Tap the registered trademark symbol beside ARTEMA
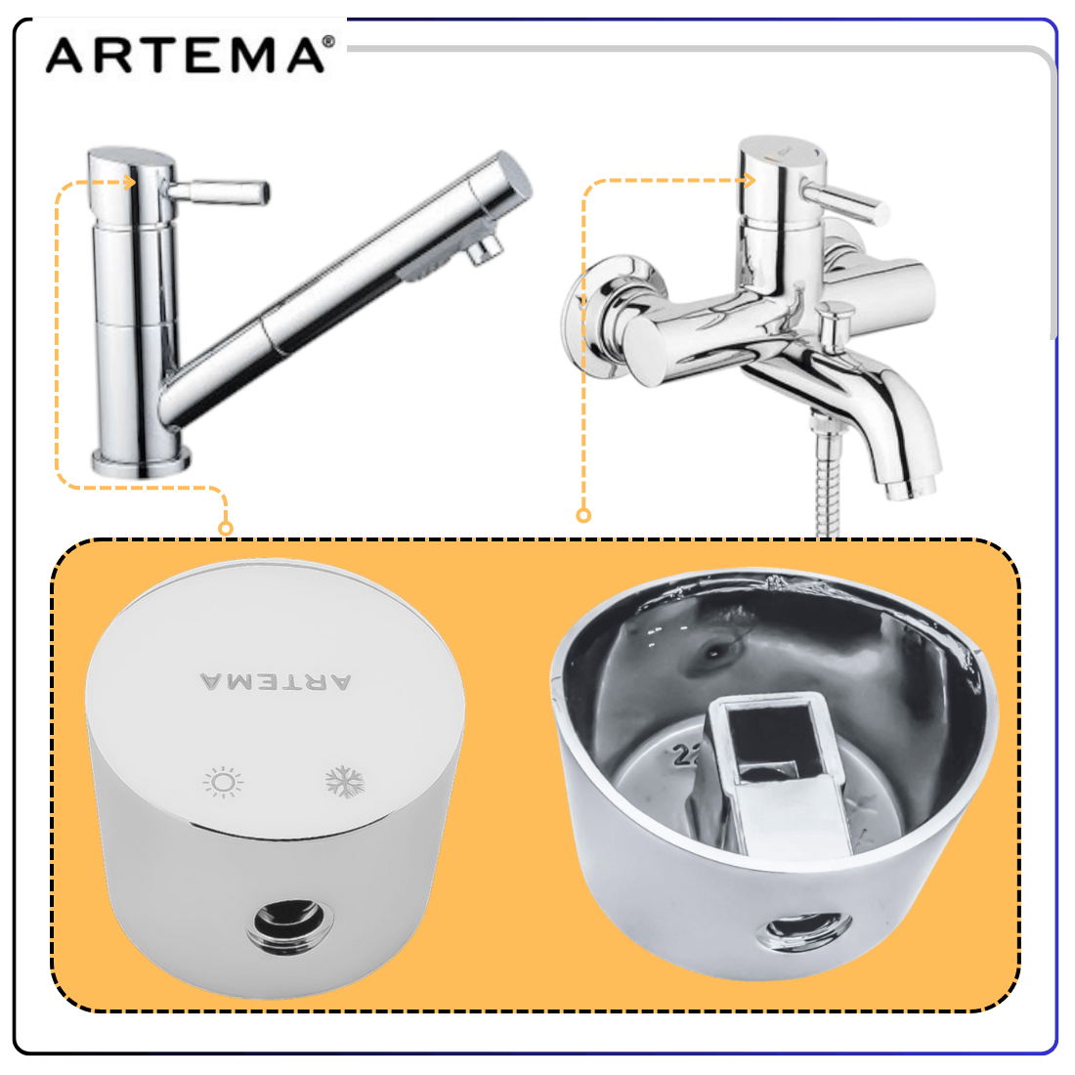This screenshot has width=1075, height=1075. (x=328, y=42)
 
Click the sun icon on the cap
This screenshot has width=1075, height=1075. (x=224, y=782)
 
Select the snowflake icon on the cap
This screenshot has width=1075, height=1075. (x=345, y=782)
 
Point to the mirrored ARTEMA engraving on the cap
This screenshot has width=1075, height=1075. (x=276, y=681)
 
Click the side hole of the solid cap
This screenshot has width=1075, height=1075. (x=290, y=926)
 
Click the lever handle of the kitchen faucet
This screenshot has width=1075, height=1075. (x=219, y=192)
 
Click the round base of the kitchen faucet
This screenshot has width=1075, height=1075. (x=142, y=462)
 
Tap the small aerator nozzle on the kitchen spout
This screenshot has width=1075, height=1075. (x=485, y=248)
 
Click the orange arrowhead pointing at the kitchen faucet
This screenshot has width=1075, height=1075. (x=130, y=182)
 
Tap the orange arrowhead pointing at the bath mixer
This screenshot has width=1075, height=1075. (x=749, y=181)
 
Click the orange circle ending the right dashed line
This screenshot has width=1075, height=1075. (x=583, y=516)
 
